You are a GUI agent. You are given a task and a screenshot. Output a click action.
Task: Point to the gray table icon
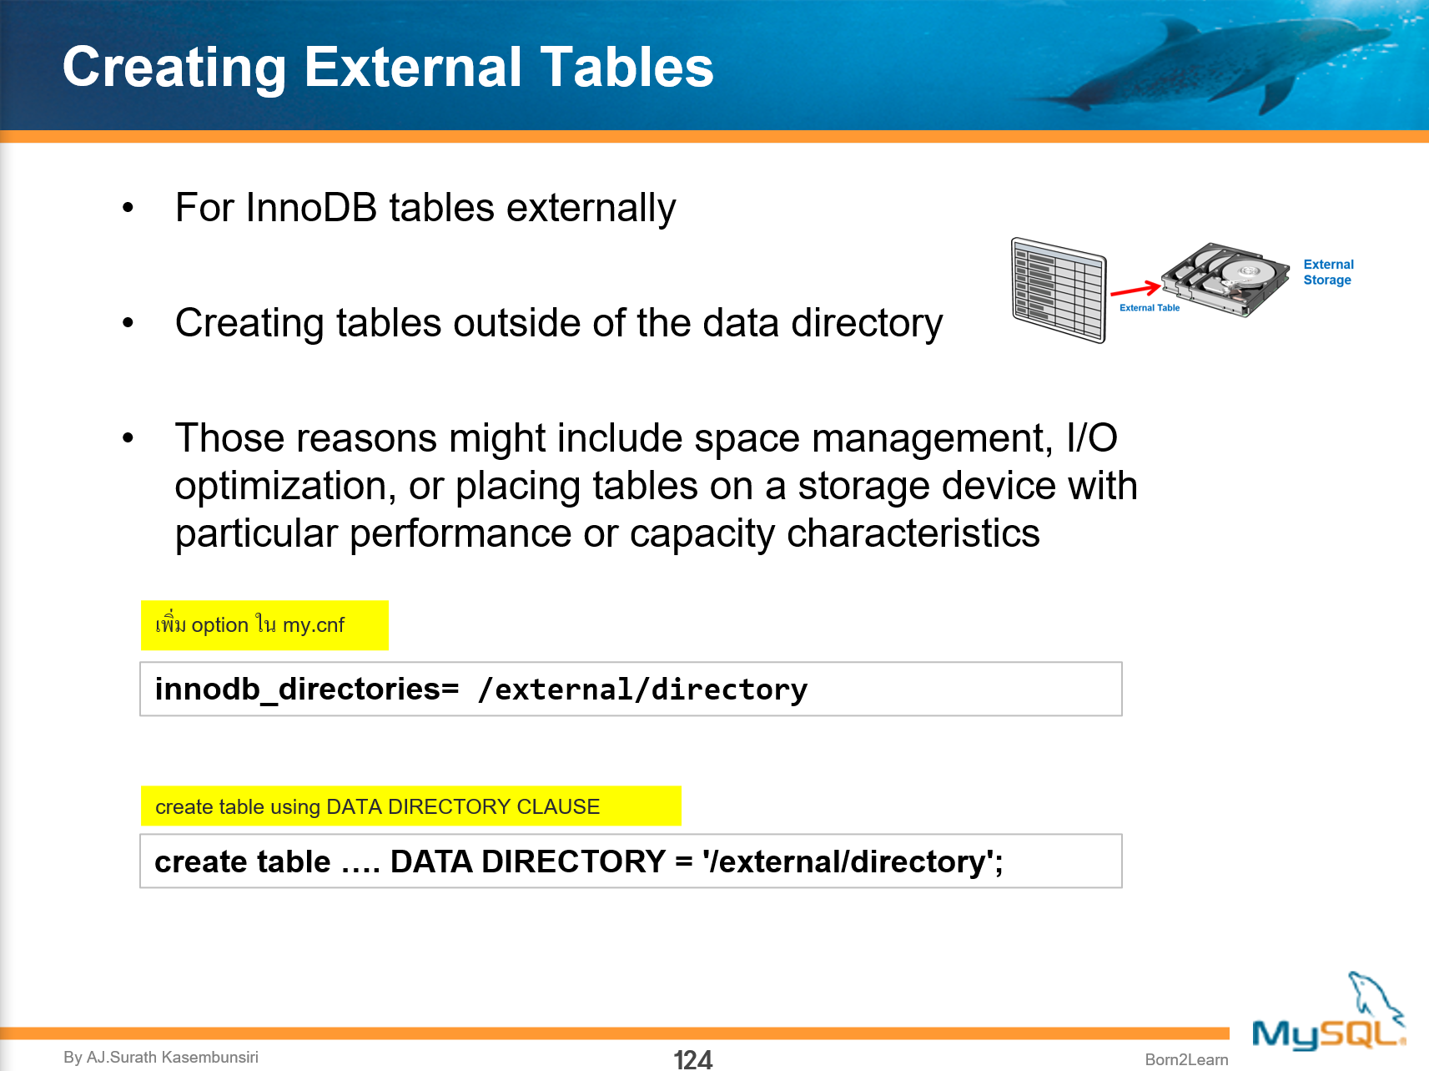pos(1059,290)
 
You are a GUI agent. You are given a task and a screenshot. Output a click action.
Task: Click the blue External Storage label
pos(1328,272)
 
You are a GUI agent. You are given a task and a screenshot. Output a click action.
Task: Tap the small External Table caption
pos(1150,308)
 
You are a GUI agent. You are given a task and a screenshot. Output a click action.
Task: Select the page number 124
pos(692,1059)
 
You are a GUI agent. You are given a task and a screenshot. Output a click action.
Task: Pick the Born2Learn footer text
pos(1186,1059)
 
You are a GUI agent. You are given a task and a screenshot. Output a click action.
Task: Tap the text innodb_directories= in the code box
pos(306,690)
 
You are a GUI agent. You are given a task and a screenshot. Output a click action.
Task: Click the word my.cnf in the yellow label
pos(314,625)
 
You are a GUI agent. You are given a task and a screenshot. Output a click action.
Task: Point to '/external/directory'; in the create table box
pos(852,861)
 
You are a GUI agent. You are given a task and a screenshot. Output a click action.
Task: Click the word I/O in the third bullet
pos(1092,438)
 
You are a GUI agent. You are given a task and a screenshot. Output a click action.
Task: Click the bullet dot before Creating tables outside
pos(128,323)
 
